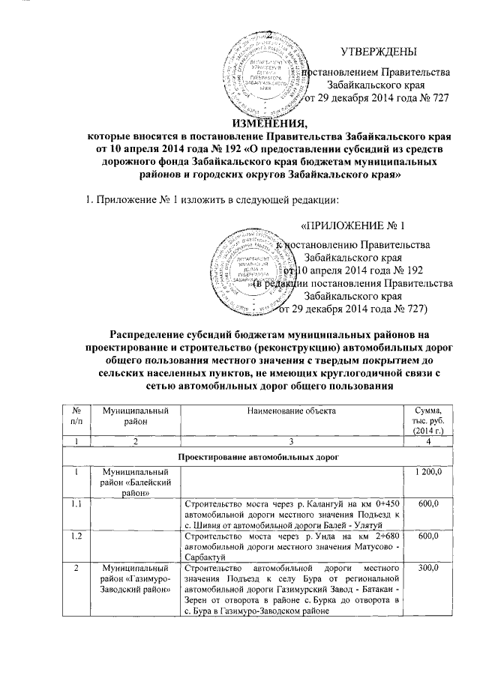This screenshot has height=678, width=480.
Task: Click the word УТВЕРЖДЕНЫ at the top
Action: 379,52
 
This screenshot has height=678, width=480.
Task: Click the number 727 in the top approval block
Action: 438,100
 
